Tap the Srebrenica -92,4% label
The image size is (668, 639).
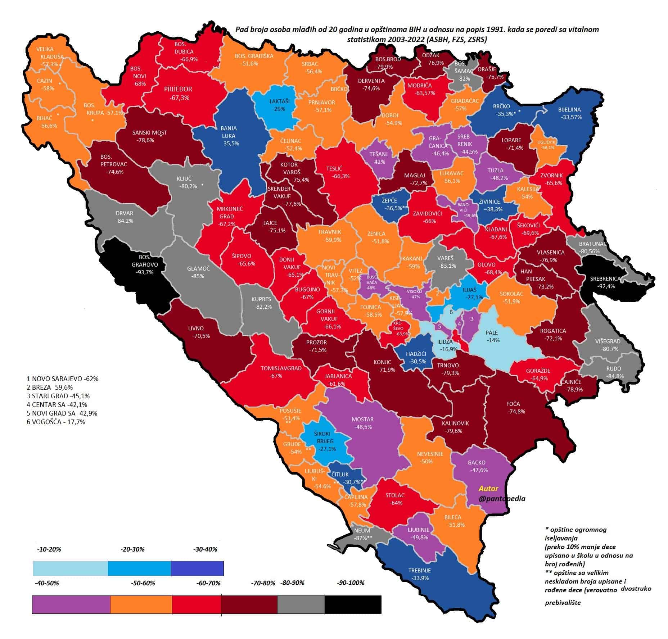point(605,282)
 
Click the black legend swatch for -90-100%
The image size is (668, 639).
point(353,604)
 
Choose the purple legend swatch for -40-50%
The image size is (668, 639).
point(71,604)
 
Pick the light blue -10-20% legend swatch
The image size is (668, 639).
point(70,568)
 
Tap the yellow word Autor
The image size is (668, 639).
point(488,488)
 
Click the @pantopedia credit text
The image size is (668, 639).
point(502,499)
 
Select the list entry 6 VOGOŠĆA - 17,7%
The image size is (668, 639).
point(56,422)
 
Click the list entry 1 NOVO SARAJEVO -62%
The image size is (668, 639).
point(62,379)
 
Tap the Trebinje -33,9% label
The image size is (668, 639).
point(419,574)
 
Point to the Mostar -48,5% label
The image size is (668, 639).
point(362,423)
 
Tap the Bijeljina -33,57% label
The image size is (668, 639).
point(569,113)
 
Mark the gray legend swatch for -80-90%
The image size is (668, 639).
point(301,604)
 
